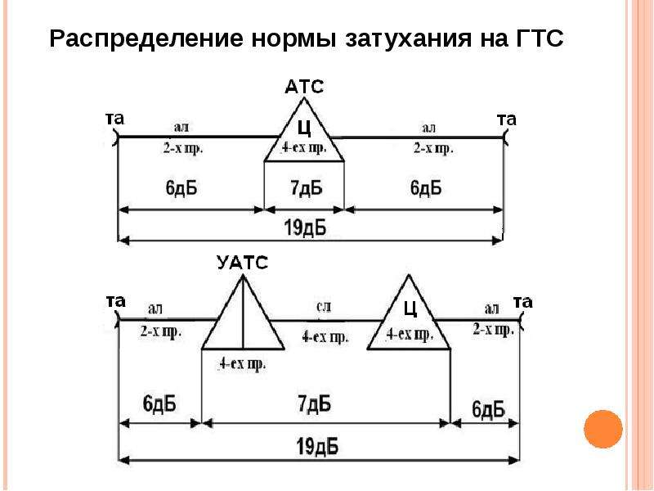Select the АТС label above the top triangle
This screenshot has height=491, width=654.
304,87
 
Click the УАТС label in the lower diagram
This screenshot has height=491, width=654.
242,263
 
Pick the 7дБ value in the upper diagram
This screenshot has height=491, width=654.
307,188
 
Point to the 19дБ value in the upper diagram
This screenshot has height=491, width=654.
305,228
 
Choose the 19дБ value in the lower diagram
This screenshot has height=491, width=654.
317,447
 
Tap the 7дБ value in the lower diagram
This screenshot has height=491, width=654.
315,403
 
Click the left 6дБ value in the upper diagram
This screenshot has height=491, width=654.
181,188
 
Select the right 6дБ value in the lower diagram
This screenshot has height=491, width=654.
488,409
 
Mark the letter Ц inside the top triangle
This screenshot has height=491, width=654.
304,128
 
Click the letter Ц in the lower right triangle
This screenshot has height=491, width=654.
410,309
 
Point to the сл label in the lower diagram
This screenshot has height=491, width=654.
324,308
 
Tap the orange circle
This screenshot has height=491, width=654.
603,429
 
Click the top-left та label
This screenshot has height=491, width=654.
114,119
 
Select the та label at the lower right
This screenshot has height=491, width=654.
523,302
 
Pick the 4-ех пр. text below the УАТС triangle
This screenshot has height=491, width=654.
242,364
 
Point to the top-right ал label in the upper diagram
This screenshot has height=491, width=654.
428,128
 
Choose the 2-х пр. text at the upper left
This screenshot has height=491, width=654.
182,148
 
